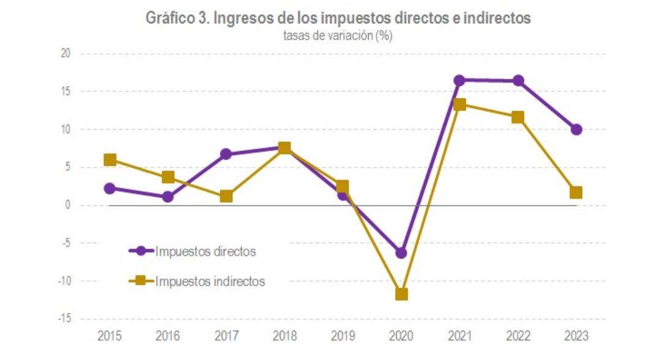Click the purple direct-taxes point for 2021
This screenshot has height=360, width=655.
point(459,80)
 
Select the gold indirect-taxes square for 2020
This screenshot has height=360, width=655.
point(401,294)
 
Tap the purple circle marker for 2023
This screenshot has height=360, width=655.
point(576,130)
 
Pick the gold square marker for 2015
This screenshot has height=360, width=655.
point(110,160)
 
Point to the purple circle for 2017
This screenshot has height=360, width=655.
point(226,154)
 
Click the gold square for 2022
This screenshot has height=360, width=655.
point(518,117)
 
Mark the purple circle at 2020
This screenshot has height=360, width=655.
point(401,252)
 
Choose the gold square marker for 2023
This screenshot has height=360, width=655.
point(576,193)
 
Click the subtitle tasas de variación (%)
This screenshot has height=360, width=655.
point(337,36)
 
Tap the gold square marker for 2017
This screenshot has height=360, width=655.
point(226,196)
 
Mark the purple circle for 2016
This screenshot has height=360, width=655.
point(168,197)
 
